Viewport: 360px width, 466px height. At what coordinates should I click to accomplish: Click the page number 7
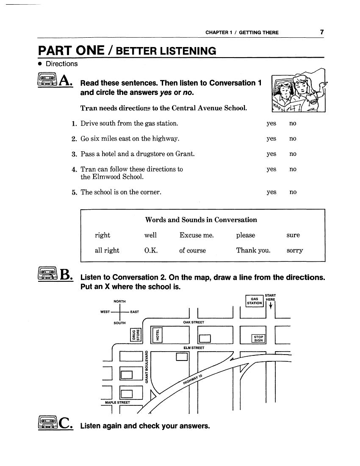click(x=322, y=32)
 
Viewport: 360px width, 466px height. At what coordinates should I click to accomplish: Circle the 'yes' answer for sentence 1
click(x=271, y=123)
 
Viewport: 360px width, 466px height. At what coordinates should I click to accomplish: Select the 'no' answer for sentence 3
click(x=293, y=154)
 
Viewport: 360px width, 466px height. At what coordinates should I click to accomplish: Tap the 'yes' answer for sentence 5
click(x=271, y=192)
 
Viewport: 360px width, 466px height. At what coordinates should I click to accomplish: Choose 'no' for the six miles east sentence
click(x=293, y=139)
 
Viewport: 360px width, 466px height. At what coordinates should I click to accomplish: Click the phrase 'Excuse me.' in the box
click(x=197, y=235)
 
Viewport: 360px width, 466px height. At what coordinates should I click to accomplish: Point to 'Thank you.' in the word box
click(x=253, y=250)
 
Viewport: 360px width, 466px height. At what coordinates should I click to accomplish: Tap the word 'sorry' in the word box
click(x=294, y=250)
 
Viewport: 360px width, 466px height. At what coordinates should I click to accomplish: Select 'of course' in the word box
click(x=192, y=250)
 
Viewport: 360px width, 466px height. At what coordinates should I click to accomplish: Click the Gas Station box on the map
click(x=254, y=301)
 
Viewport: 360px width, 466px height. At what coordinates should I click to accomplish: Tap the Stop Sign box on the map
click(x=258, y=338)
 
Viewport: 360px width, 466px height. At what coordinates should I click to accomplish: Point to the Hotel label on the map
click(x=158, y=335)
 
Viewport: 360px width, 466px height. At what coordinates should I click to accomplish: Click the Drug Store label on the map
click(x=135, y=335)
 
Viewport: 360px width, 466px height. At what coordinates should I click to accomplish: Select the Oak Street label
click(x=194, y=322)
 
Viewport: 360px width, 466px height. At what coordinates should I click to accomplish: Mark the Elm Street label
click(x=194, y=348)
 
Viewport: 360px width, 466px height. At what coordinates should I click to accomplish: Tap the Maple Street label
click(x=117, y=402)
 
